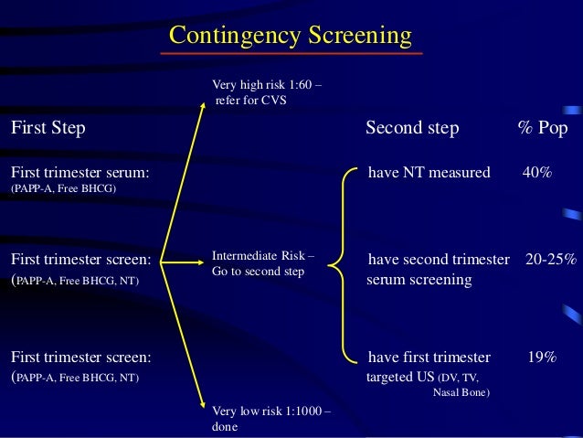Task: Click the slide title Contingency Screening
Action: [291, 36]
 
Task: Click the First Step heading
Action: [48, 128]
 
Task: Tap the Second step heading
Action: [412, 128]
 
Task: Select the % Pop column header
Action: [543, 128]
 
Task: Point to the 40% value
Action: [536, 172]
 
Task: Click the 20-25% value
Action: [551, 260]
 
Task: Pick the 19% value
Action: [542, 357]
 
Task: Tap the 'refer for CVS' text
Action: [250, 101]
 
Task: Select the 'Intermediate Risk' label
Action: [262, 257]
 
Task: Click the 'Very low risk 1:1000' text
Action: [270, 411]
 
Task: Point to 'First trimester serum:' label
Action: [80, 172]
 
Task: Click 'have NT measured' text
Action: [429, 172]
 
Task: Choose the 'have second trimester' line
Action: [439, 260]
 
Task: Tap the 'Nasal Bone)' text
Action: [461, 393]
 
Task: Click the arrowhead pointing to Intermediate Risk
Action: [202, 263]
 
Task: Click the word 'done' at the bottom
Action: [225, 425]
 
